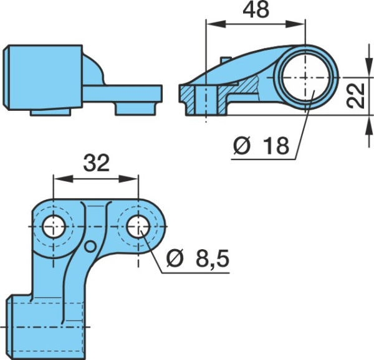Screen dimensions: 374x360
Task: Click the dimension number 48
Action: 256,10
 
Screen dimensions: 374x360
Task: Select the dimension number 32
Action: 97,163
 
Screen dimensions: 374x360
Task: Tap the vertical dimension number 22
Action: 355,95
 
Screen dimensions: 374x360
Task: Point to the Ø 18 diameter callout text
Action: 261,145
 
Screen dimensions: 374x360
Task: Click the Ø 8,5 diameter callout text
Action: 198,258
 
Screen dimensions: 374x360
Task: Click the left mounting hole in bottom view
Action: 54,227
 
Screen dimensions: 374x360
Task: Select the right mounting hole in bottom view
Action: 138,227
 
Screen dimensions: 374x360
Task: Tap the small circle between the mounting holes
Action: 90,247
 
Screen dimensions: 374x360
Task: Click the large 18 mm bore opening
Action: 305,77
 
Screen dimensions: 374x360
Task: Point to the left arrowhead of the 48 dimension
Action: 216,24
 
